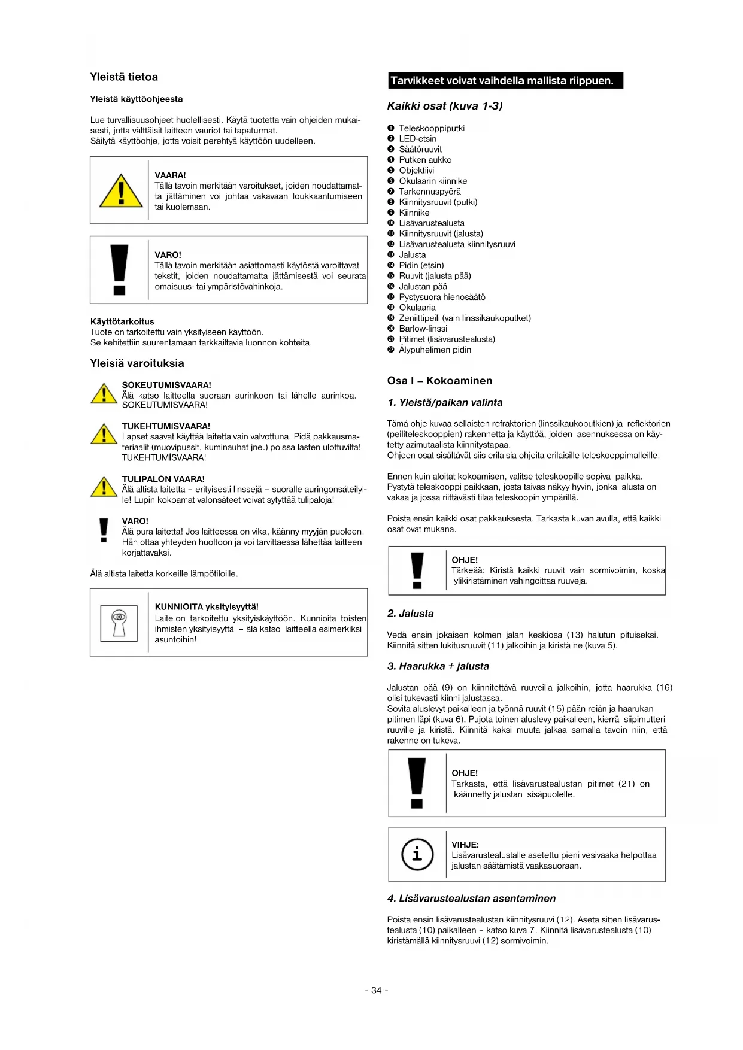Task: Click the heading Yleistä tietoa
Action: (124, 77)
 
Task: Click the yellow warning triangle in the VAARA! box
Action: (121, 192)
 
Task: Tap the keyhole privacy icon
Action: (119, 623)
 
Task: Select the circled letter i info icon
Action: (417, 854)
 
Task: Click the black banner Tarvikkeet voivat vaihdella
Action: (505, 81)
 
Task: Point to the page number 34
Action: (377, 990)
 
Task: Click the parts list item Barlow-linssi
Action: (423, 329)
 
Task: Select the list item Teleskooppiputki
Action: (432, 128)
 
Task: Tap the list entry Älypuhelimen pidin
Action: (435, 350)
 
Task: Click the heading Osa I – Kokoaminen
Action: (439, 381)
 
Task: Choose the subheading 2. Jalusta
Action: (410, 614)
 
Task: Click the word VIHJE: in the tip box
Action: (465, 845)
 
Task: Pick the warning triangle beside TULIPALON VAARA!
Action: (104, 487)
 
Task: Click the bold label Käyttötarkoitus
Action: (122, 321)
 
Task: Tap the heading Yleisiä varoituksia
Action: (137, 363)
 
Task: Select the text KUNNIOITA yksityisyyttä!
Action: (207, 606)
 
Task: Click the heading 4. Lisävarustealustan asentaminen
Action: (471, 899)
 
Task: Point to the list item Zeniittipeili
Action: (465, 318)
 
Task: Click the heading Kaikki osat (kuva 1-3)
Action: (445, 106)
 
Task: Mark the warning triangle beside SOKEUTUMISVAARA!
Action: (104, 394)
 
